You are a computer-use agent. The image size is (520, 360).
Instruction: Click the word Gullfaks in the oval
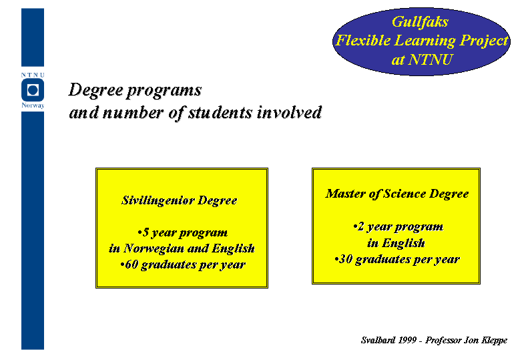point(420,22)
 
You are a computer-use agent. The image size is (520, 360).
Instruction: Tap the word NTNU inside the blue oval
point(431,59)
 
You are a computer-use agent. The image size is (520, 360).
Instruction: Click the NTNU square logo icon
point(33,90)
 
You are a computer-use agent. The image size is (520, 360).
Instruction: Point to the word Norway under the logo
point(33,106)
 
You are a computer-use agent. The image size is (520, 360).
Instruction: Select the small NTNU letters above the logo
point(33,75)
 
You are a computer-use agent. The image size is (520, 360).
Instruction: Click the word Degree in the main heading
point(95,91)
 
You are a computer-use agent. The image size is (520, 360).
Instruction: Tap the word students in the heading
point(220,112)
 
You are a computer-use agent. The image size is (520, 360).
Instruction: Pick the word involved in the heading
point(289,112)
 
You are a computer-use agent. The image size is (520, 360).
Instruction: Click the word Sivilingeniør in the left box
point(158,201)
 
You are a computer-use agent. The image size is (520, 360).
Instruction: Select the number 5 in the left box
point(146,232)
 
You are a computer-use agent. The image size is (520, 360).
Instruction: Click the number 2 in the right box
point(361,226)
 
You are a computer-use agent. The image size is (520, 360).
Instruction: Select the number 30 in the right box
point(345,258)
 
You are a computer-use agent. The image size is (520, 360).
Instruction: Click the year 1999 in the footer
point(407,340)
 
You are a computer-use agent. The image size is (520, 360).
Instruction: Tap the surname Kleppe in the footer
point(494,341)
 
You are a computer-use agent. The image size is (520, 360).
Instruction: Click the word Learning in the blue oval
point(425,41)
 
